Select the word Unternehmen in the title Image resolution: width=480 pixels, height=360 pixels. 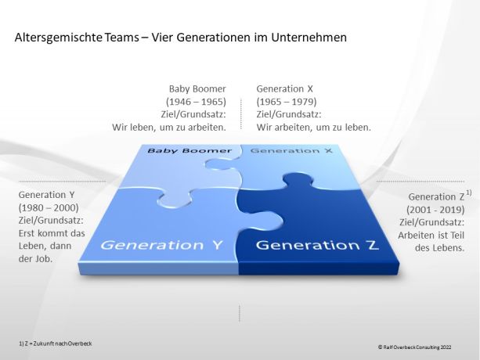coord(306,38)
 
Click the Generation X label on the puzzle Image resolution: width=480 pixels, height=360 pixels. coord(282,149)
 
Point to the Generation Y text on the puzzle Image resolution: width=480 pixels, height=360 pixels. coord(161,245)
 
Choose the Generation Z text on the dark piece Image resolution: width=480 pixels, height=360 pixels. coord(317,245)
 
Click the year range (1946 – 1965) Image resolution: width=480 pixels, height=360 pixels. coord(196,101)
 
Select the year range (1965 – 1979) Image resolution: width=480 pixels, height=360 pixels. coord(287,101)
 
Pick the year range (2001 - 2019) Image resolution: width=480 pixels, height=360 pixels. coord(435,210)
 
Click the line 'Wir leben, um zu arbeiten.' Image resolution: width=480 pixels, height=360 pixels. coord(170,126)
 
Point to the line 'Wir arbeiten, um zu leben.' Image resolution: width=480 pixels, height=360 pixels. coord(314,126)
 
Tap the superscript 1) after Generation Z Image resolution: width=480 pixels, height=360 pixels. coord(468,193)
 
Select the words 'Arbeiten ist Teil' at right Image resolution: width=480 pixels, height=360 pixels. coord(435,235)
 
